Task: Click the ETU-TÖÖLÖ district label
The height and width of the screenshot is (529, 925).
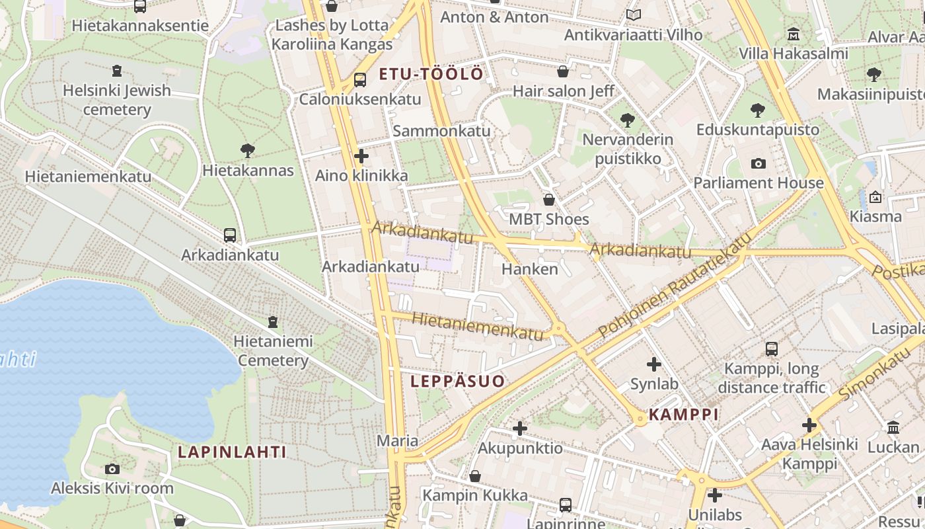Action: (431, 74)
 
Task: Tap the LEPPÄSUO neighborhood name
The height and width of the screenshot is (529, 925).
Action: (457, 381)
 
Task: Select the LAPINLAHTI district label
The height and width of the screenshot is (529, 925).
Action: (232, 452)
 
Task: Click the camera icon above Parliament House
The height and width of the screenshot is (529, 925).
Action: (758, 163)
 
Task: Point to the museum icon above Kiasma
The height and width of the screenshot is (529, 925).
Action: (875, 197)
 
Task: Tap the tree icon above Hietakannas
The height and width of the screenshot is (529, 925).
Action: (248, 151)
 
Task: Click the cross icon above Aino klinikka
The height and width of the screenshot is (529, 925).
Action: (361, 157)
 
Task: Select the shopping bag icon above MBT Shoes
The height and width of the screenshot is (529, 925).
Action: (548, 200)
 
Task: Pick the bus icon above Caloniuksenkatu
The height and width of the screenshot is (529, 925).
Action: (359, 80)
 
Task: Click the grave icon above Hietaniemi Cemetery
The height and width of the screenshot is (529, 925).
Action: (273, 322)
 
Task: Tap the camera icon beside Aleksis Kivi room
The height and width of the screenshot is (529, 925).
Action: (112, 469)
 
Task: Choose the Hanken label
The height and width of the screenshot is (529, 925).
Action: (529, 269)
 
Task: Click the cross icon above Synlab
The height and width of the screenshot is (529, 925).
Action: (653, 364)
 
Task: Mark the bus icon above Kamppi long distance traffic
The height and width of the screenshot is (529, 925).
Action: (771, 349)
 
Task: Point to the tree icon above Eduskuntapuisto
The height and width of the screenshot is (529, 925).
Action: (758, 110)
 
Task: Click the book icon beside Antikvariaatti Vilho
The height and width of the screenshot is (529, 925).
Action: (633, 15)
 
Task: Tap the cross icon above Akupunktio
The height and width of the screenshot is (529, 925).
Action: (520, 428)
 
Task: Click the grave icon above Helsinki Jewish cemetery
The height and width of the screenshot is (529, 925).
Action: (117, 71)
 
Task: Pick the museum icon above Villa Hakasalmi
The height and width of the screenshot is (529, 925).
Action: (793, 34)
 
